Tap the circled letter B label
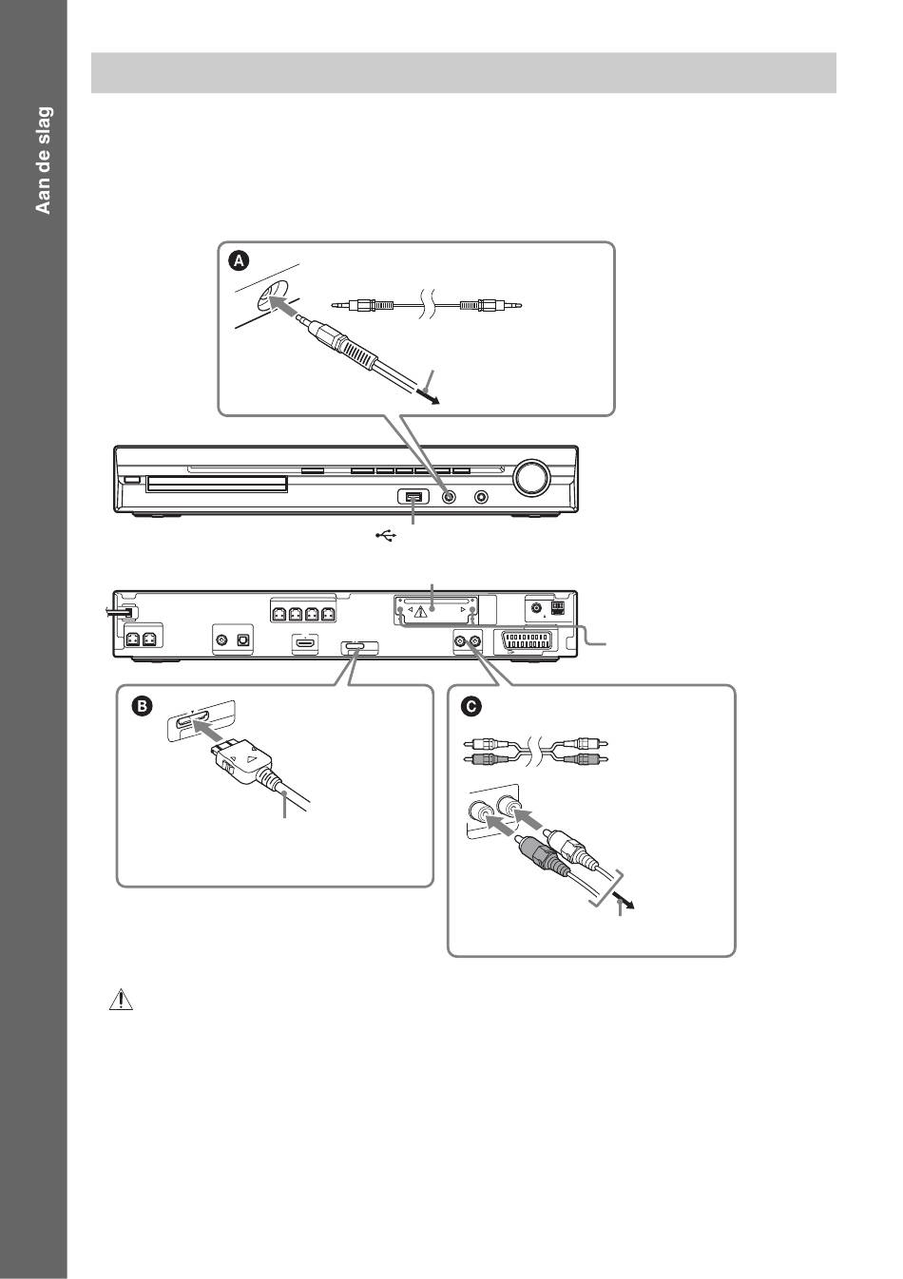click(x=140, y=706)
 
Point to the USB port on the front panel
click(x=413, y=497)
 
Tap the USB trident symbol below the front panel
click(x=385, y=536)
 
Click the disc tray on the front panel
click(x=216, y=485)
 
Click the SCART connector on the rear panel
click(x=526, y=641)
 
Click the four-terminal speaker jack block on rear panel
click(x=303, y=614)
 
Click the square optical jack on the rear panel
click(x=242, y=641)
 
